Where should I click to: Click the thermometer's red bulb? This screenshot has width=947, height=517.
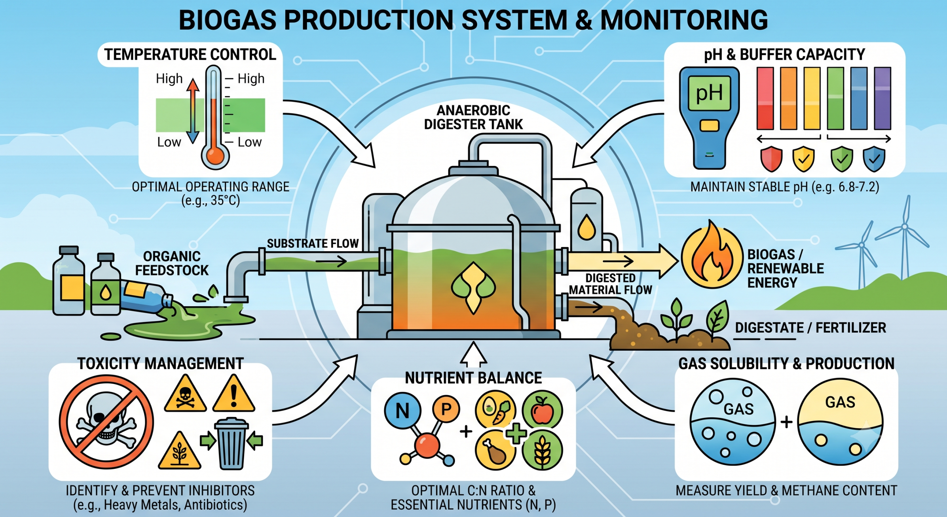pyautogui.click(x=215, y=156)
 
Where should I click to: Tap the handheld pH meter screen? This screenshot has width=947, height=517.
pyautogui.click(x=709, y=93)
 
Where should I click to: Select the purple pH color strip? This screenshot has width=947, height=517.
pyautogui.click(x=882, y=99)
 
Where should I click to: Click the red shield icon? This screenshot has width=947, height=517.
pyautogui.click(x=771, y=159)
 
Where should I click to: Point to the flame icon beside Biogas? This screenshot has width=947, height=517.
pyautogui.click(x=712, y=256)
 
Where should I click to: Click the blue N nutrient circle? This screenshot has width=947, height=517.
pyautogui.click(x=402, y=411)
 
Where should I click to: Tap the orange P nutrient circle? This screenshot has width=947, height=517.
pyautogui.click(x=446, y=408)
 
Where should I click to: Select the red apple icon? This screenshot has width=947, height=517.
pyautogui.click(x=542, y=410)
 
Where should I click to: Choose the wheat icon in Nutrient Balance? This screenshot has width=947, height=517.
pyautogui.click(x=542, y=450)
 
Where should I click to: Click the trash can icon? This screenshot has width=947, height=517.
pyautogui.click(x=231, y=443)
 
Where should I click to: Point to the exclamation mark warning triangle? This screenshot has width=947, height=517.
pyautogui.click(x=234, y=394)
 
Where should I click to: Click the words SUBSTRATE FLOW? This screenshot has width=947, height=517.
pyautogui.click(x=313, y=243)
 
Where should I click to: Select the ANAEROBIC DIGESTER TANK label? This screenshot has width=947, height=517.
pyautogui.click(x=473, y=117)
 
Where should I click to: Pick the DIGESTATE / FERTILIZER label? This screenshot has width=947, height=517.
pyautogui.click(x=810, y=328)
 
